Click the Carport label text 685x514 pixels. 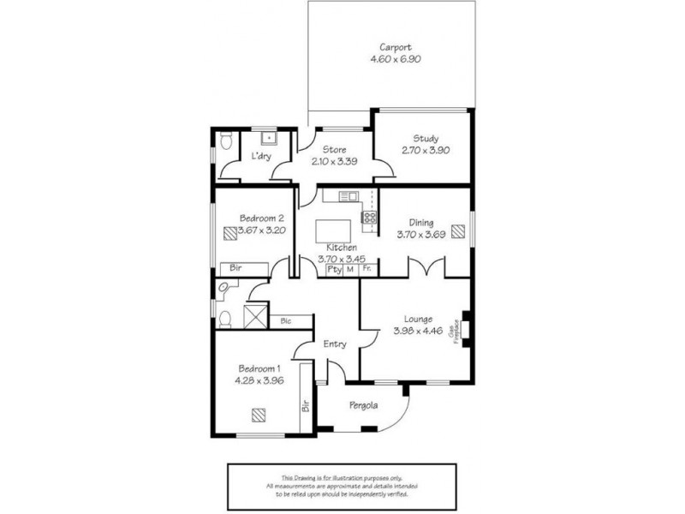[x=395, y=48]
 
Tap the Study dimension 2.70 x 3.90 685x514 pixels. [x=425, y=150]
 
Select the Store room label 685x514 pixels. [x=335, y=150]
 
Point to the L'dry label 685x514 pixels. [x=262, y=157]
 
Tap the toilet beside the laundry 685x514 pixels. [x=226, y=142]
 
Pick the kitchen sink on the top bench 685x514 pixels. [x=348, y=196]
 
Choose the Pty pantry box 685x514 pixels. [x=335, y=269]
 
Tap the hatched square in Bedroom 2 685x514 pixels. [x=229, y=231]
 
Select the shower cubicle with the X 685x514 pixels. [x=255, y=315]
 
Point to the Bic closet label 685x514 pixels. [x=286, y=321]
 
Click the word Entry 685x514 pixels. [x=335, y=344]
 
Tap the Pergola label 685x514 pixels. [x=364, y=405]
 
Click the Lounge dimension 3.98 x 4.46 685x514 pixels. [x=418, y=332]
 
